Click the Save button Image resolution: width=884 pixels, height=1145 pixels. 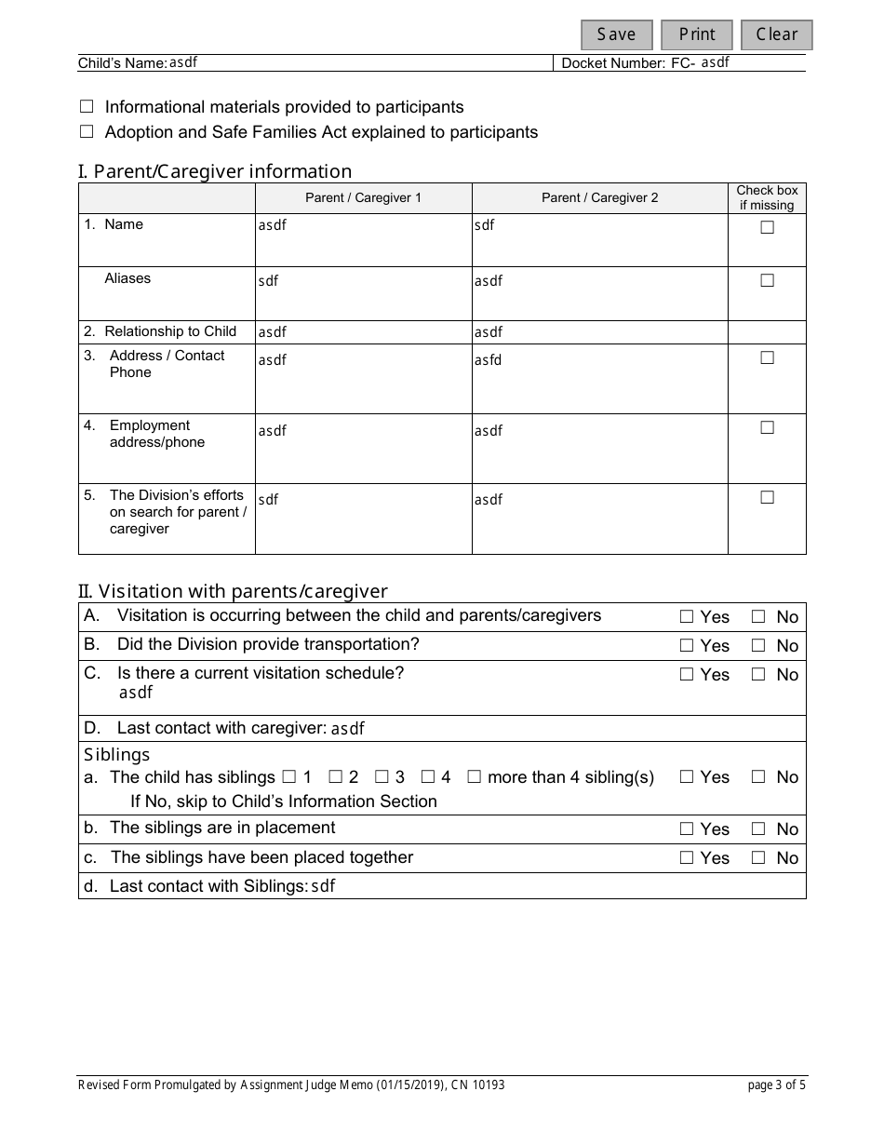pos(616,34)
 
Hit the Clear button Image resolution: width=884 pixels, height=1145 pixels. pos(776,34)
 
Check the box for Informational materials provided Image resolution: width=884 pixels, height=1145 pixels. pos(87,107)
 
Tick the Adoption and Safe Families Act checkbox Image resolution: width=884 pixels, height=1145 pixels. pos(87,132)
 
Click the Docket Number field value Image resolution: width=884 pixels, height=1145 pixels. pos(715,62)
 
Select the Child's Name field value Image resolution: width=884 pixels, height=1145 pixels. pos(183,62)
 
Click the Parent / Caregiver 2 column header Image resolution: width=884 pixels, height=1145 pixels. pos(599,198)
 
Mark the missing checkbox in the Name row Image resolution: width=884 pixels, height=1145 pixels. pos(767,227)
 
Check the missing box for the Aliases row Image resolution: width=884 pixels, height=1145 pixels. pos(767,280)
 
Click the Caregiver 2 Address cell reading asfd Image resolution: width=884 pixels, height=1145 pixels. pos(488,360)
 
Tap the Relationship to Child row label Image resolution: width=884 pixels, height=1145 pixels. pos(169,331)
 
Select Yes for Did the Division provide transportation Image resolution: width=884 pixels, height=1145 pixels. pos(687,645)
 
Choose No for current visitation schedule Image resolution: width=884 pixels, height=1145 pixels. pos(758,674)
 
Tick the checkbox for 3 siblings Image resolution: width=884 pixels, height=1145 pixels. pos(381,776)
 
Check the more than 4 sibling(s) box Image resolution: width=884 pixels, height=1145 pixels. pos(474,776)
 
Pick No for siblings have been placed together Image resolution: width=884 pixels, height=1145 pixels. pos(758,857)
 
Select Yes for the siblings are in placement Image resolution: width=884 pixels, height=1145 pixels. pos(687,828)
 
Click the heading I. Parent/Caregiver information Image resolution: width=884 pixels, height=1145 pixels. pos(215,171)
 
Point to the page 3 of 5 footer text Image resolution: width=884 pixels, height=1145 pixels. pos(776,1084)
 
